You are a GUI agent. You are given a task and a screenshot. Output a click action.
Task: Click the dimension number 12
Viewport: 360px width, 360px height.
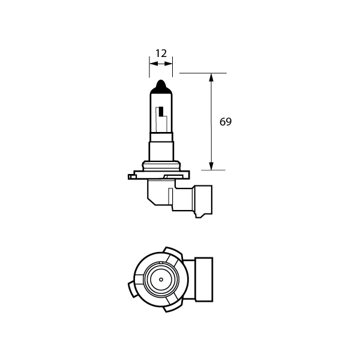pos(161,53)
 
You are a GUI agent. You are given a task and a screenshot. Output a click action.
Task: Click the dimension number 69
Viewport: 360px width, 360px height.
pos(226,122)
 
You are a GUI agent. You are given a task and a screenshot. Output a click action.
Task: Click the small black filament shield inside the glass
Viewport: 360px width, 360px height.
pos(161,112)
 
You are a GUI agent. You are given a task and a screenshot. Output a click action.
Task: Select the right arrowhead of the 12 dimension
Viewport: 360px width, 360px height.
pos(170,62)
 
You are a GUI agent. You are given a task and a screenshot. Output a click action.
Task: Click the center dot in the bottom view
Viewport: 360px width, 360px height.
pos(160,280)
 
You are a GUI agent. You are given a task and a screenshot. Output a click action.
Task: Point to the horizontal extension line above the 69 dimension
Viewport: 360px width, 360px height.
pos(202,74)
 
